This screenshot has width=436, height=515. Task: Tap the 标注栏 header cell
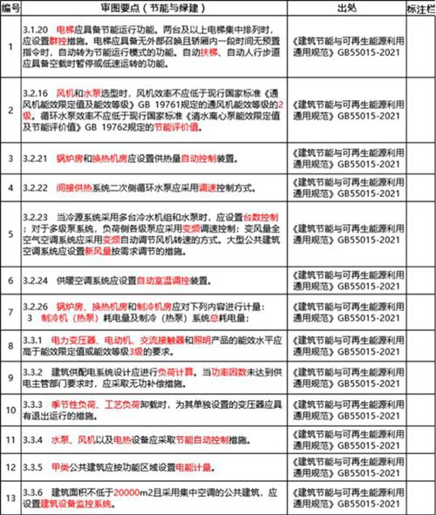pyautogui.click(x=417, y=8)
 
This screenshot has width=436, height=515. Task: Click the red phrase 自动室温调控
pyautogui.click(x=169, y=282)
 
